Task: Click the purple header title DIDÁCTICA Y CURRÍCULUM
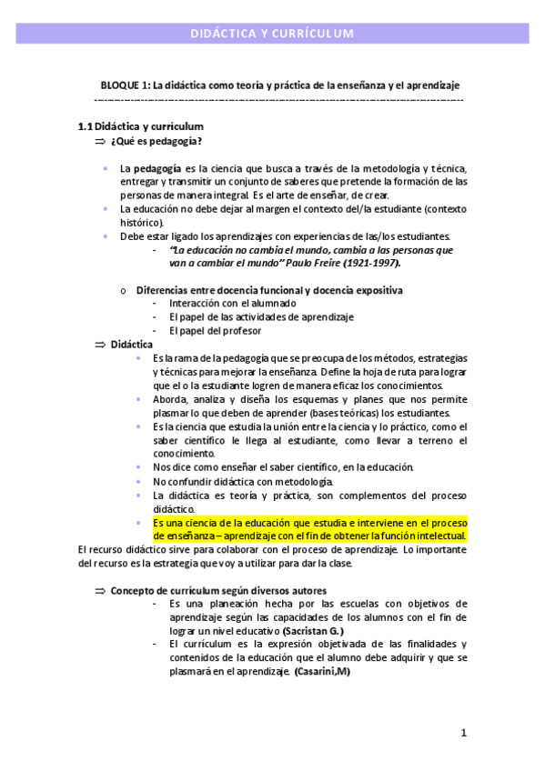point(271,35)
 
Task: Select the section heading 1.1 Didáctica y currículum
point(141,126)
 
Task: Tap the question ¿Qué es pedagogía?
point(156,142)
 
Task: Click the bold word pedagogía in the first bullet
point(156,169)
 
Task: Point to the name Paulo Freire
point(313,263)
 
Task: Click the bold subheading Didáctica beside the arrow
point(132,344)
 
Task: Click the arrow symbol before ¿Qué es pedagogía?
point(100,143)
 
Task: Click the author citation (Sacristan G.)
point(313,631)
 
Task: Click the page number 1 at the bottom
point(463,732)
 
